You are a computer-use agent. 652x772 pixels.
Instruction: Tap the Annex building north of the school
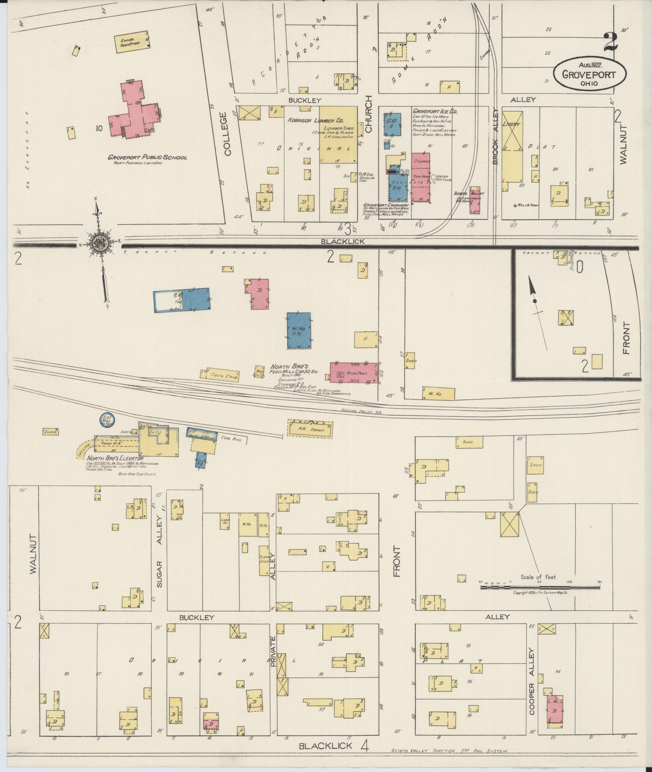click(x=132, y=42)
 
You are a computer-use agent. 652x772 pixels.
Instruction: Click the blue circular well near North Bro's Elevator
click(x=107, y=419)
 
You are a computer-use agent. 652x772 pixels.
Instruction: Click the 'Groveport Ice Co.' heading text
click(x=435, y=111)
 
